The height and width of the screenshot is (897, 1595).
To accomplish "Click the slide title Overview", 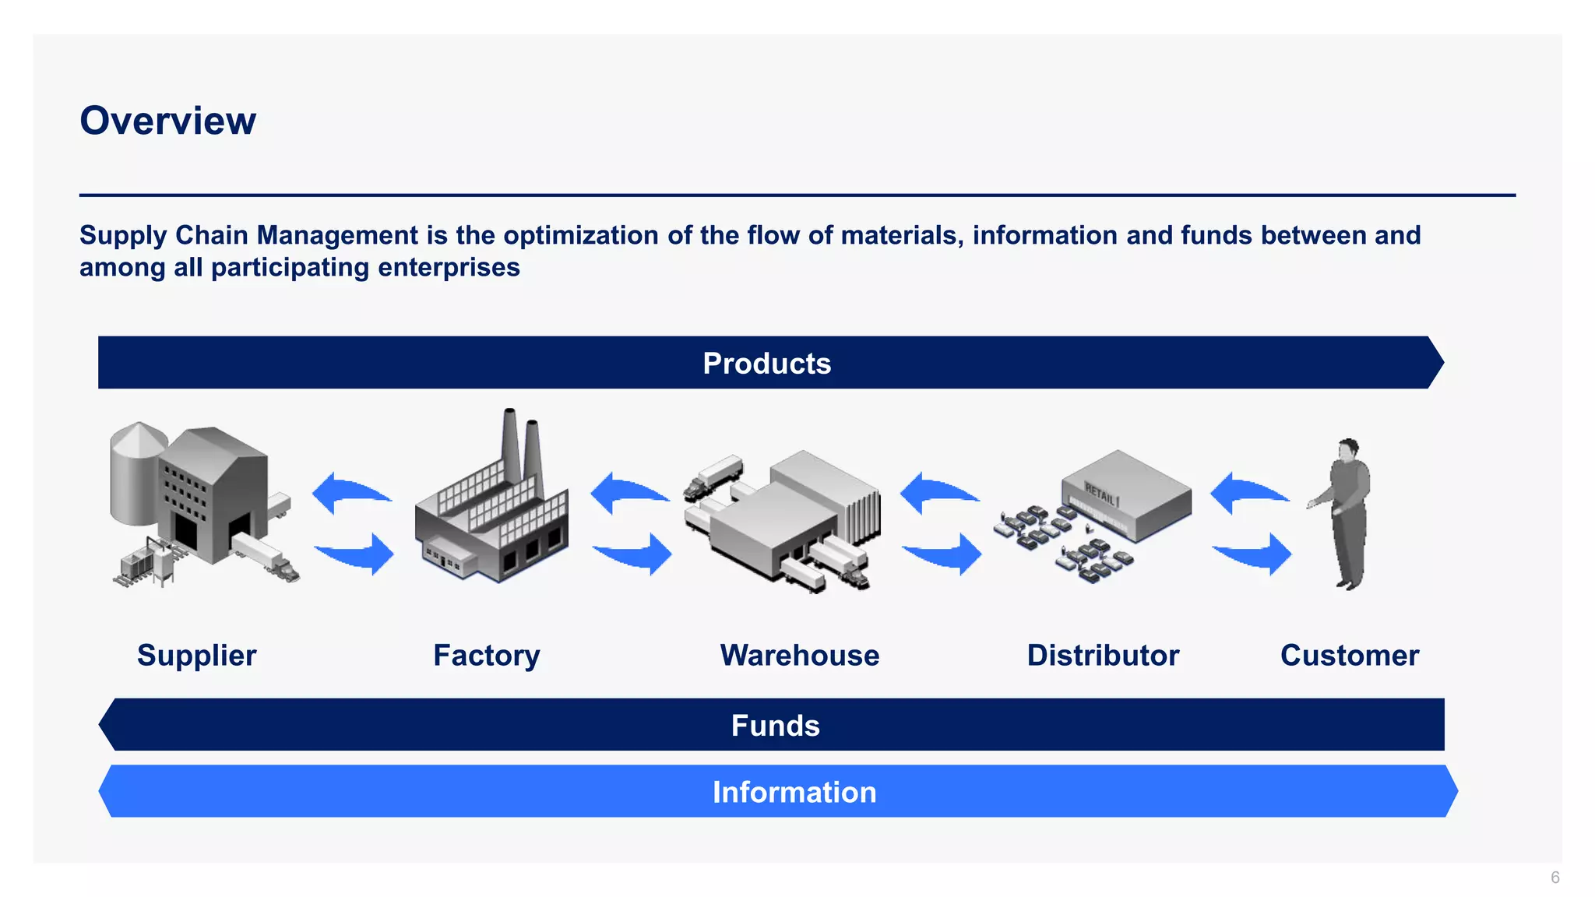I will (x=167, y=121).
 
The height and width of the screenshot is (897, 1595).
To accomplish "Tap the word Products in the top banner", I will (x=766, y=364).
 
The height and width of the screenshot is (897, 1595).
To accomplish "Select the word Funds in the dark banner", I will (x=775, y=726).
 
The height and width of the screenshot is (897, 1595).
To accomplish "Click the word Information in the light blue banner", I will (x=794, y=792).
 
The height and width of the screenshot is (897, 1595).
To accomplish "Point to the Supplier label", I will (x=196, y=656).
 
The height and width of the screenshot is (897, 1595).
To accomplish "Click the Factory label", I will (x=486, y=656).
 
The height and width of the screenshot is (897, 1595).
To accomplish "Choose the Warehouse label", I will (x=799, y=656).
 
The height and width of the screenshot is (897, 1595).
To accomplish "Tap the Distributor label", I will (x=1102, y=656).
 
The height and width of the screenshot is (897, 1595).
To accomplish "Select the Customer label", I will (x=1349, y=656).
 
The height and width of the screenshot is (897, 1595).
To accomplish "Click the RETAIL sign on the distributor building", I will (x=1101, y=494).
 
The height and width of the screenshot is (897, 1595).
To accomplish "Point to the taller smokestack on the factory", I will (x=511, y=448).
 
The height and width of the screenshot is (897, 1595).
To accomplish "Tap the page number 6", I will (x=1555, y=878).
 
